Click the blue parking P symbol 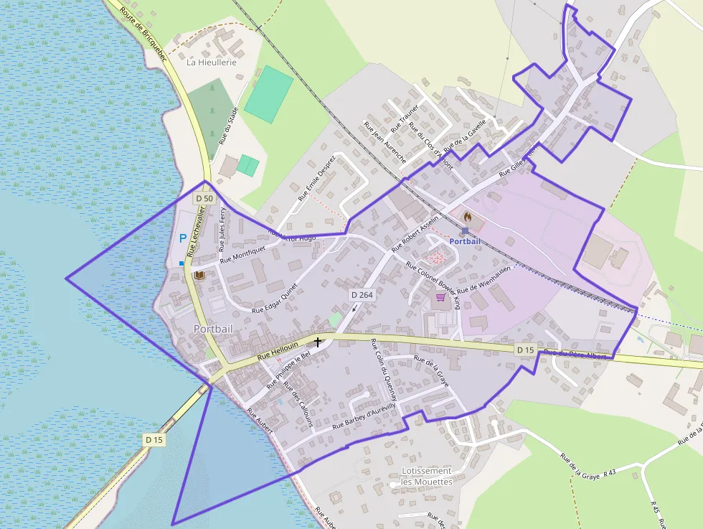point(182,238)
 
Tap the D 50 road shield point(204,198)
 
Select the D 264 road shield point(363,295)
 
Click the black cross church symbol point(318,342)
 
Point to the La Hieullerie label point(212,62)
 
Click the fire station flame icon point(468,215)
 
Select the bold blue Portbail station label point(465,241)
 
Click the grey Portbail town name point(213,329)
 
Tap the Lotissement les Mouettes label point(427,476)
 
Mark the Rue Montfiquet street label point(242,253)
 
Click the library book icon point(199,276)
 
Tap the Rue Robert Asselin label point(415,233)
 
